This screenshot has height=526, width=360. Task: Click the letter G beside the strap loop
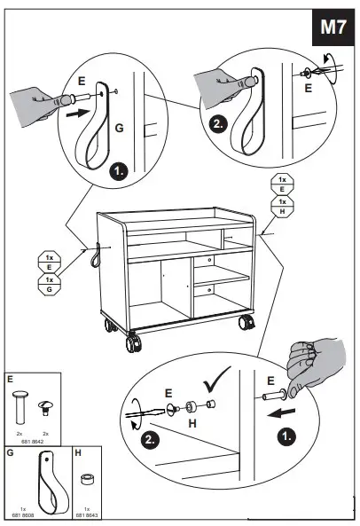[118, 130]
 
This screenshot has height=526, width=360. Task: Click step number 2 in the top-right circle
[219, 125]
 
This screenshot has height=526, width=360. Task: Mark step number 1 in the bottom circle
[286, 437]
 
